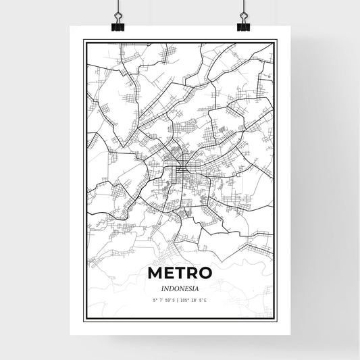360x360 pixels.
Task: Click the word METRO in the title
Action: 180,273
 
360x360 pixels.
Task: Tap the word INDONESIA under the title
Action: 180,286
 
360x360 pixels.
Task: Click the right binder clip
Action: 243,26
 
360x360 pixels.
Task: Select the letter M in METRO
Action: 155,273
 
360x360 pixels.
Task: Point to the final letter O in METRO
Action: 205,273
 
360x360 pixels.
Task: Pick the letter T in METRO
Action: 179,273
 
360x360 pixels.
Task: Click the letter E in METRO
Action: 168,273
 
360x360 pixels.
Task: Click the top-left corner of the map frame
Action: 84,41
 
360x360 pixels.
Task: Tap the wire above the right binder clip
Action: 242,7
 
